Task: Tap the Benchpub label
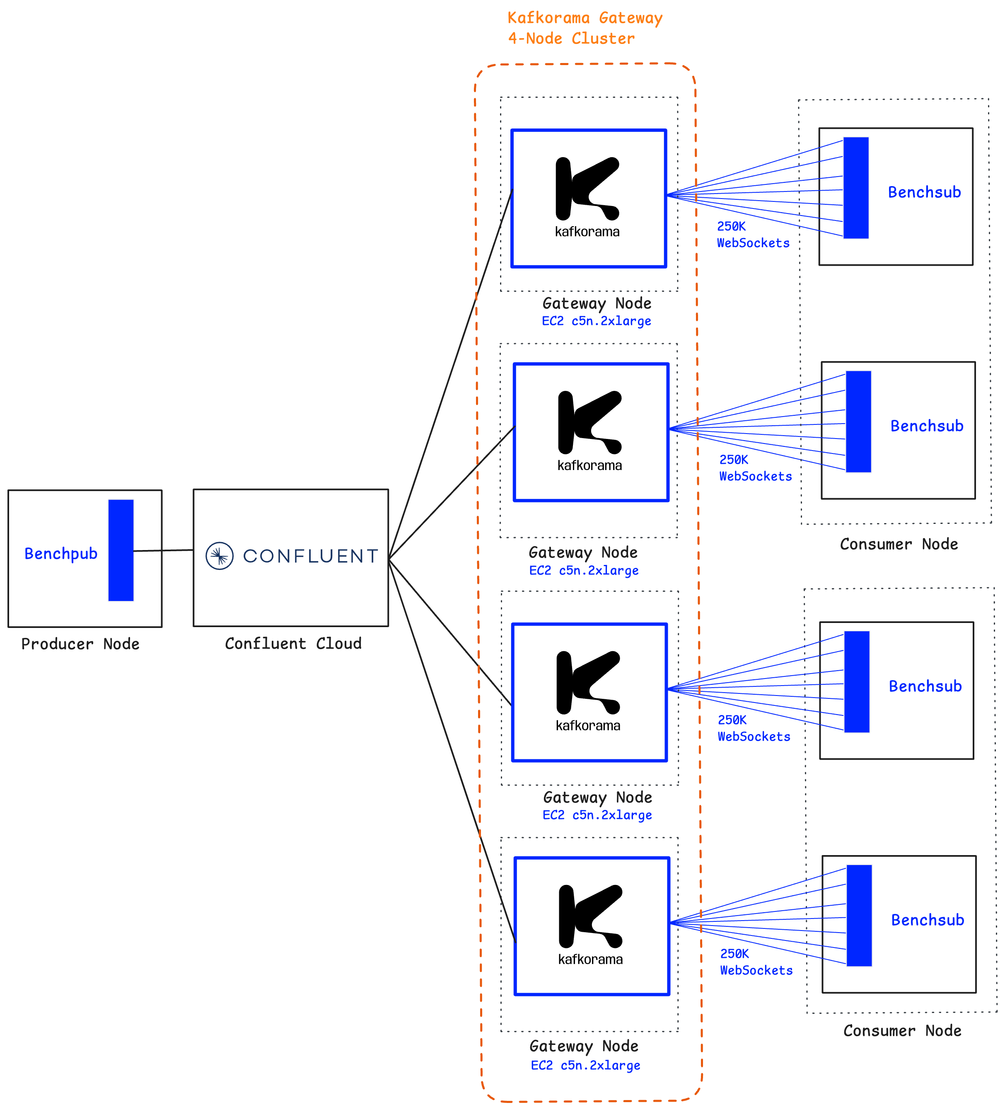(60, 553)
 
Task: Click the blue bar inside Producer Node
(121, 550)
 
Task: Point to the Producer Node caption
(80, 644)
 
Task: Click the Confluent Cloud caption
(293, 643)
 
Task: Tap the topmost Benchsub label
(924, 192)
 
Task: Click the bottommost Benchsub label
(928, 920)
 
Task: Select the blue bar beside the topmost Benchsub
(856, 188)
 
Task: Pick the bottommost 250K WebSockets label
(756, 962)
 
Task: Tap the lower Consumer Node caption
(902, 1031)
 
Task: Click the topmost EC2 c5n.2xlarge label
(596, 321)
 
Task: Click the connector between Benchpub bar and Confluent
(164, 550)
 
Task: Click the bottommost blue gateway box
(592, 926)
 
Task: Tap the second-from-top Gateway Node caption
(583, 552)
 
